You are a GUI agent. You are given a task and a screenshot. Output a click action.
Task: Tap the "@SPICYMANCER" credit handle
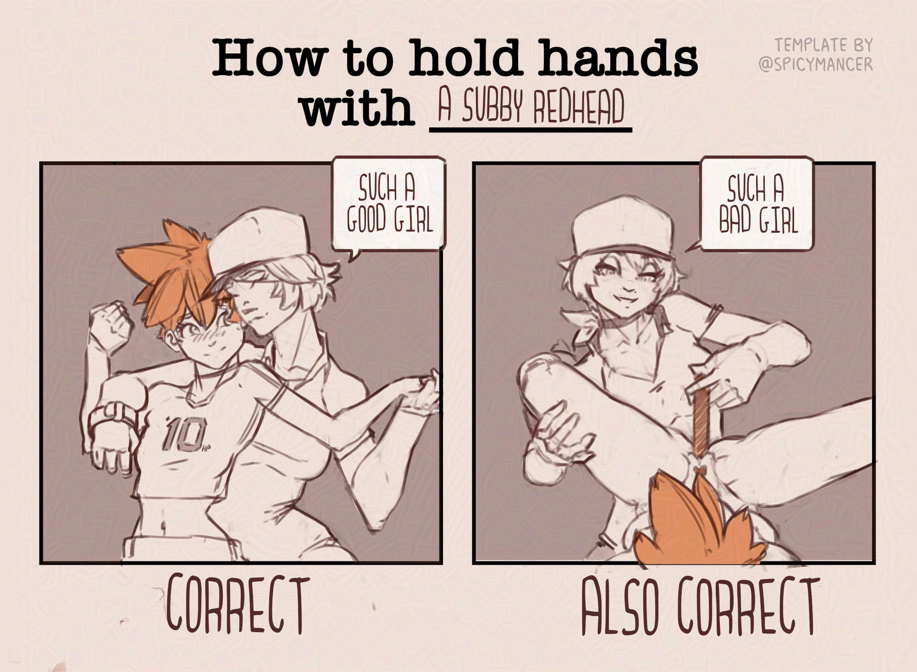point(816,65)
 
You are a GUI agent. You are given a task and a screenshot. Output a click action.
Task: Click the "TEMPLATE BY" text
point(823,45)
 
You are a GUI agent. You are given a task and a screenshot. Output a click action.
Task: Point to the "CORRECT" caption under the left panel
point(237,605)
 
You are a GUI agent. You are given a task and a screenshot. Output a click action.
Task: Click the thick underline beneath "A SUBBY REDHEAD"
point(530,130)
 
